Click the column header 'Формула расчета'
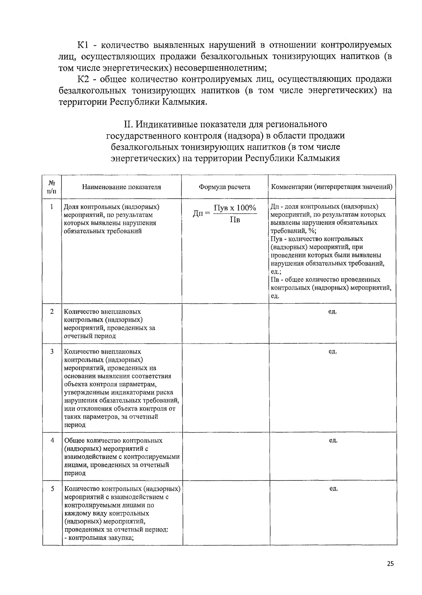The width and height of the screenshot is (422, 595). (x=224, y=187)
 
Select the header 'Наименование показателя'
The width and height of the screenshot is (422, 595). (x=121, y=187)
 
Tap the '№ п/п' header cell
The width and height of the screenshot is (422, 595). (x=51, y=187)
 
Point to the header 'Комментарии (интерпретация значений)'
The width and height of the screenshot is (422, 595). (x=332, y=187)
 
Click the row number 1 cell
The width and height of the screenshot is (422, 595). (x=52, y=207)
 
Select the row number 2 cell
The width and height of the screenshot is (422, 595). (x=52, y=312)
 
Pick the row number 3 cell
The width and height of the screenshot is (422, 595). (x=52, y=352)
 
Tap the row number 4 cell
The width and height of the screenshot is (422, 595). (x=52, y=441)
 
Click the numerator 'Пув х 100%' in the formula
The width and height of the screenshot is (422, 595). (x=235, y=208)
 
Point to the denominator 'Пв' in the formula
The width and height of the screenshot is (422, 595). (x=235, y=220)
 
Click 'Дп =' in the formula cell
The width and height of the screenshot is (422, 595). (x=201, y=213)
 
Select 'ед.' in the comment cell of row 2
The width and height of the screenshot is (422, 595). (x=332, y=312)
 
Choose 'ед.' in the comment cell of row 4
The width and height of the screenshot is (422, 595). (x=333, y=441)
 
